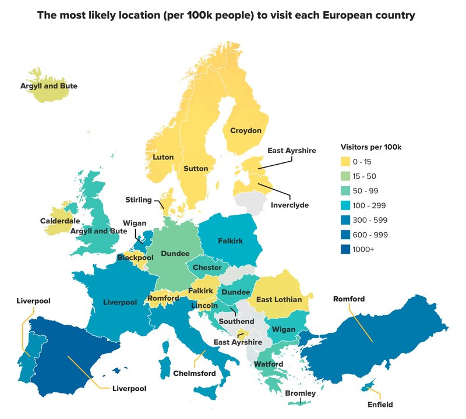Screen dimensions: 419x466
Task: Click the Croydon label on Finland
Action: pos(246,131)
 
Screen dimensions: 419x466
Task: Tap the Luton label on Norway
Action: pos(163,157)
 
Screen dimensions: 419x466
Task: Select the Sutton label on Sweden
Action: pos(196,169)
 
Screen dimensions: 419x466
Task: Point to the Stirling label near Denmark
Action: pos(138,200)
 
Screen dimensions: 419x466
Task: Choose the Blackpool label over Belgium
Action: pos(135,257)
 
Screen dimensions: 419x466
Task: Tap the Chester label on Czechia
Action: pos(207,268)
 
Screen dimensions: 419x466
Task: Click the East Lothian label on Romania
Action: pos(279,300)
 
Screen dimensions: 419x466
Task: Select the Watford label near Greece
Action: pos(268,364)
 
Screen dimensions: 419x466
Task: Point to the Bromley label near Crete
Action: pos(301,394)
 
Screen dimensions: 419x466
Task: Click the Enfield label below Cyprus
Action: pos(380,404)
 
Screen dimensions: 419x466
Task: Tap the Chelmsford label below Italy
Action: pos(195,373)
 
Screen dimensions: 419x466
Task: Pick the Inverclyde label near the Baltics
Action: pos(290,205)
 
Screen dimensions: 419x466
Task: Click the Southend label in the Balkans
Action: pos(236,321)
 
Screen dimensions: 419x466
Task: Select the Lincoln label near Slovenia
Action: pos(204,306)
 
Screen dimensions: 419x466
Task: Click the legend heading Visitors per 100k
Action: pos(370,147)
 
